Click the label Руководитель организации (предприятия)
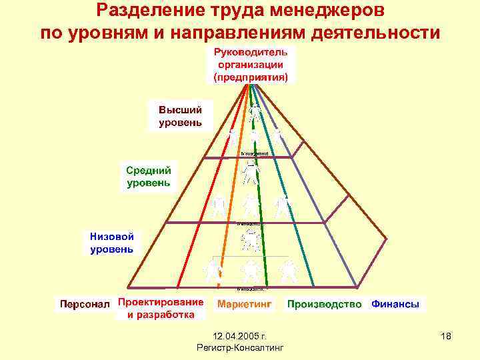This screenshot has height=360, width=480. tap(250, 65)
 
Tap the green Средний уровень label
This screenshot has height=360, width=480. tap(149, 176)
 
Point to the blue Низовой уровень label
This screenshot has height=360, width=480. tap(112, 243)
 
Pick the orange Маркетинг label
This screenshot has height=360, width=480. tap(245, 304)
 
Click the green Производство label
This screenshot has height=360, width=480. tap(325, 304)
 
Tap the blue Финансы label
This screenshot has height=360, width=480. tap(395, 304)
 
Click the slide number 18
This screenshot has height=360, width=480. tap(446, 339)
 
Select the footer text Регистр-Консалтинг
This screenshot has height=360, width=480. tap(241, 348)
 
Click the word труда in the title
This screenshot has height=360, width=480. tap(229, 11)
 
